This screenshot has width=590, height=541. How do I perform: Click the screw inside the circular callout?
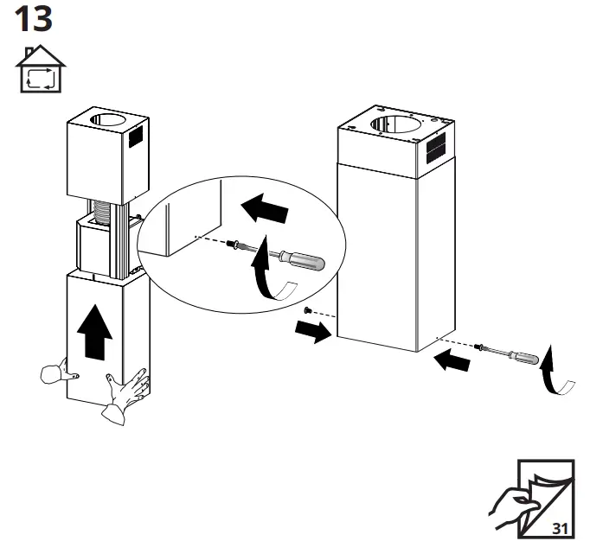[x=234, y=245]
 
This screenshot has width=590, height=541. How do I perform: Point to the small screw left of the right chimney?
[x=307, y=309]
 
